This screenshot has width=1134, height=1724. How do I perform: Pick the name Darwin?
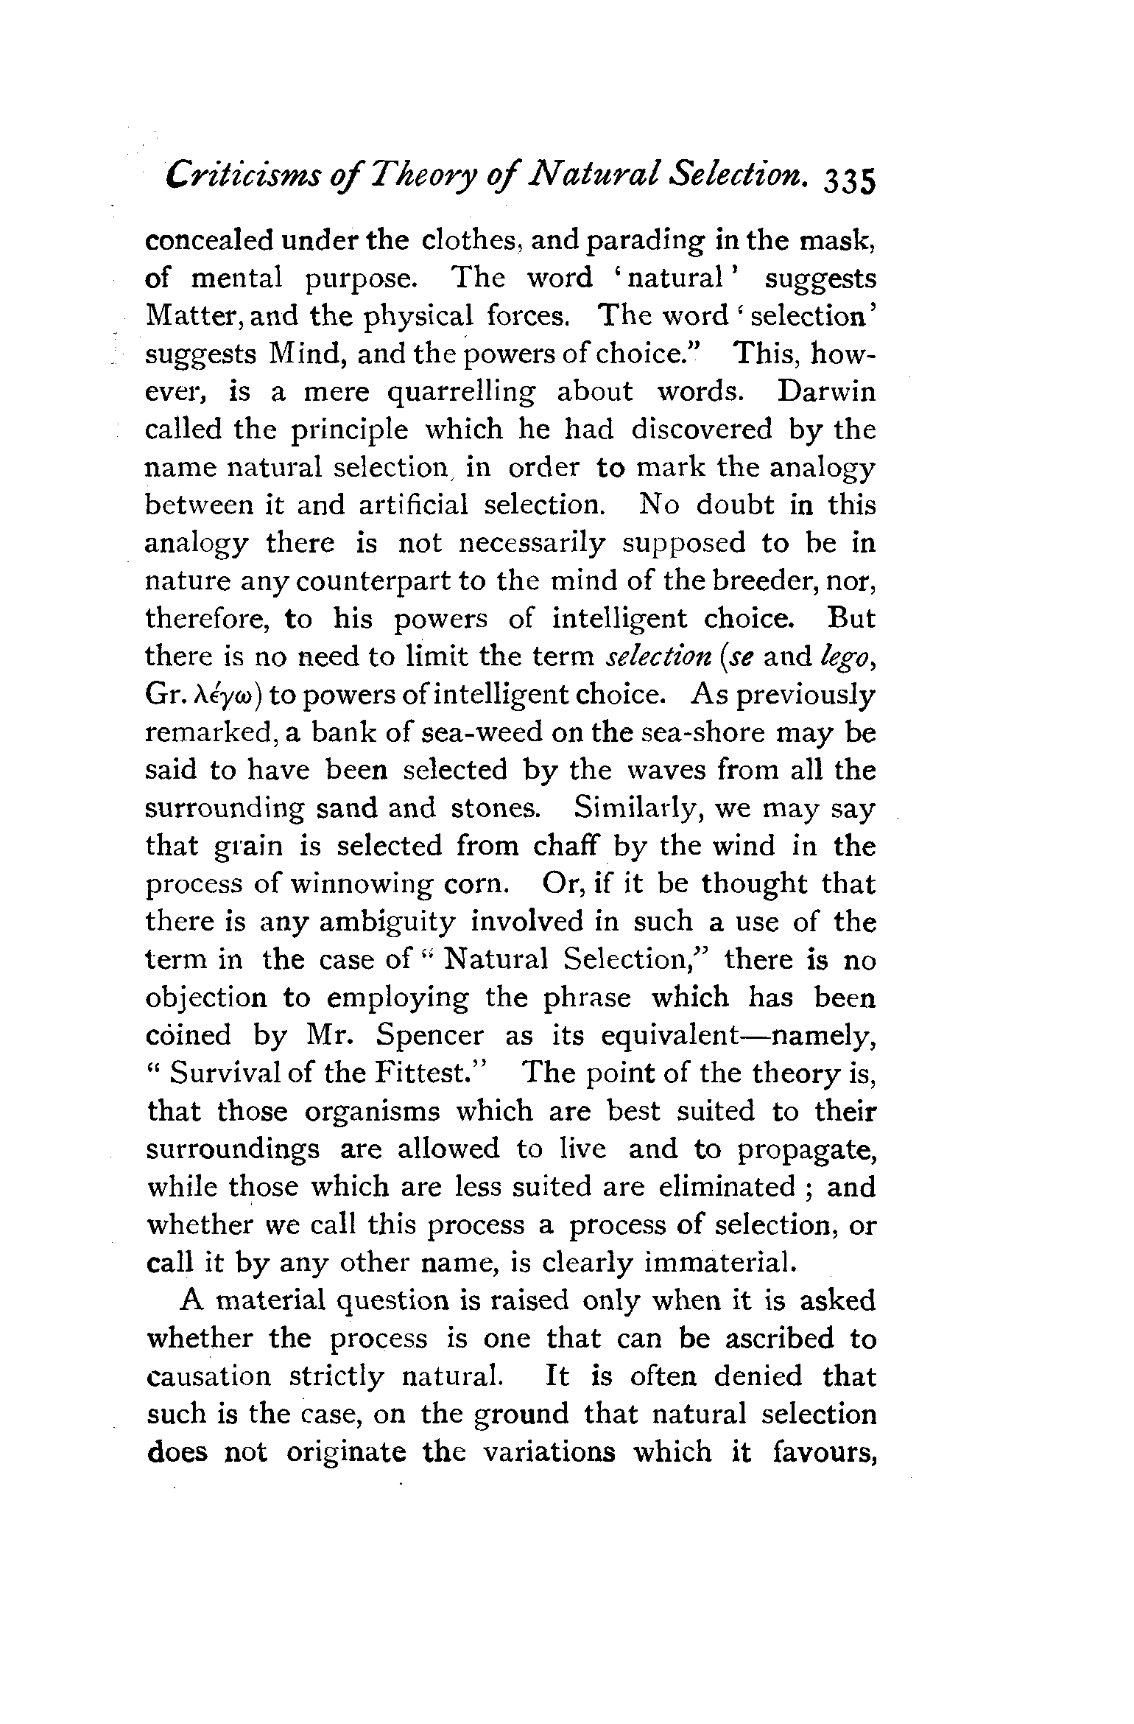(827, 391)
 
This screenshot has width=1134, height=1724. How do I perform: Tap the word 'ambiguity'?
(387, 922)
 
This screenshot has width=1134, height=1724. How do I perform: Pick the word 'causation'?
(208, 1376)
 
